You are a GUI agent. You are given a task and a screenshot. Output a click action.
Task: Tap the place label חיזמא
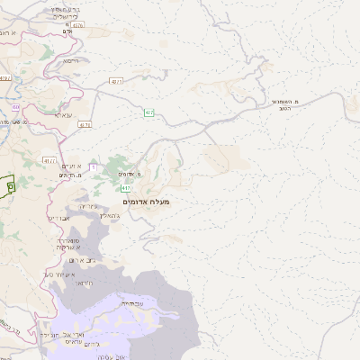tap(72, 60)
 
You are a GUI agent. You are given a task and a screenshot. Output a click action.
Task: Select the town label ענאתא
tap(64, 114)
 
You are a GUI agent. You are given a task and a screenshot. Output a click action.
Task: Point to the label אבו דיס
tap(58, 218)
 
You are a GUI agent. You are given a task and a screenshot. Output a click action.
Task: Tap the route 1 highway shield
tap(92, 167)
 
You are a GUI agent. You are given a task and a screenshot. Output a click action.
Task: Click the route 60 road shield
tap(16, 107)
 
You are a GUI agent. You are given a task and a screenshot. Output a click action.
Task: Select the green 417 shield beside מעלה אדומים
tap(126, 187)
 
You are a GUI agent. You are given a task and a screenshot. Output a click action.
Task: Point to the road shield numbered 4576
tap(77, 25)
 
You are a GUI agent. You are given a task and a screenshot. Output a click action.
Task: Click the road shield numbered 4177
tap(49, 160)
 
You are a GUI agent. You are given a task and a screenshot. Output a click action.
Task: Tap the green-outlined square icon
tap(10, 185)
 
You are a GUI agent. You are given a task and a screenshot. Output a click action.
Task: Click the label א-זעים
tap(72, 166)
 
